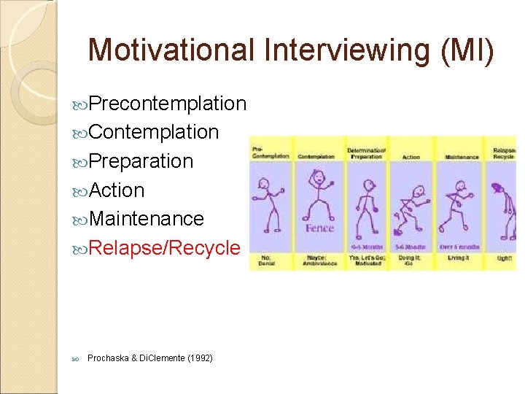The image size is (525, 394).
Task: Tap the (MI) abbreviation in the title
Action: [465, 50]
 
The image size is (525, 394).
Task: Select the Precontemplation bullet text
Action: [168, 104]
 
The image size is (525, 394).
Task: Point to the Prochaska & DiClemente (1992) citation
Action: [150, 358]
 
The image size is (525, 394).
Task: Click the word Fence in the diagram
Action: [319, 228]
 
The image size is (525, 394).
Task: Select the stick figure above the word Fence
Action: [318, 193]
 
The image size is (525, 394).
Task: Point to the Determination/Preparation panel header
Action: [365, 152]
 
